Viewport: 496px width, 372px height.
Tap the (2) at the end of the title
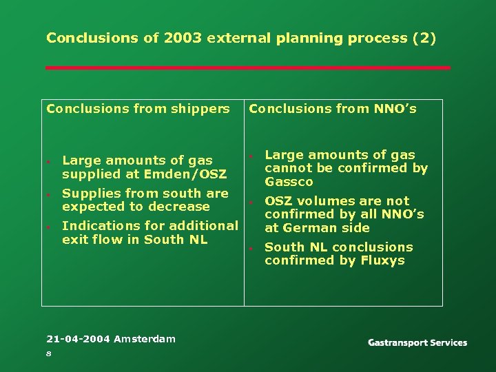coord(423,38)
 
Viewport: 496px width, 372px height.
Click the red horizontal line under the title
coord(248,68)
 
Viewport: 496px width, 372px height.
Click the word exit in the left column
coord(73,239)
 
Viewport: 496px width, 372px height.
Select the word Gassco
coord(289,182)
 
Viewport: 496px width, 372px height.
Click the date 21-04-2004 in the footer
coord(78,338)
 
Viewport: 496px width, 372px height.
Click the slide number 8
coord(49,353)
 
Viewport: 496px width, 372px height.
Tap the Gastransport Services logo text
coord(417,342)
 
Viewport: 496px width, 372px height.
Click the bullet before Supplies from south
coord(49,196)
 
